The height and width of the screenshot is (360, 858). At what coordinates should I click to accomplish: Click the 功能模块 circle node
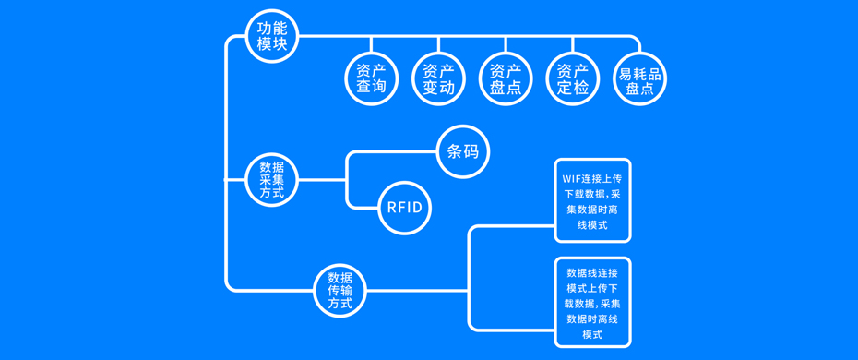(272, 36)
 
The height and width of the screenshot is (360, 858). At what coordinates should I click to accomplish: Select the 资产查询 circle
(371, 79)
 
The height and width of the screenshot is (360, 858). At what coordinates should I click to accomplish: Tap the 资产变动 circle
(438, 79)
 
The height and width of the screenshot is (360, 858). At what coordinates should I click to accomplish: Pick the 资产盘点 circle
(506, 79)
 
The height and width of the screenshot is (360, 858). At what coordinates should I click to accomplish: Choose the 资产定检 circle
(573, 79)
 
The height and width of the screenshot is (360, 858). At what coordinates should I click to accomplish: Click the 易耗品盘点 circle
(640, 79)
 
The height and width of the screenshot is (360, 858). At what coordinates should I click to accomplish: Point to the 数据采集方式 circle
(272, 179)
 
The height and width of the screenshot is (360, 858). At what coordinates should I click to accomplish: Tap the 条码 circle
(462, 151)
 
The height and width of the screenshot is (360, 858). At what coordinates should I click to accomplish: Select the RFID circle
(404, 207)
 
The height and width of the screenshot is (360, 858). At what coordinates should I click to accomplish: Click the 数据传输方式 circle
(340, 291)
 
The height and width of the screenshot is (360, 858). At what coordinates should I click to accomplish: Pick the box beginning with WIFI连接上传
(592, 199)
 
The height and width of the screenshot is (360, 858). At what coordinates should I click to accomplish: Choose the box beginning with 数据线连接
(592, 303)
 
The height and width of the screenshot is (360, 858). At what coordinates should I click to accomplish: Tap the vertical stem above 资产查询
(371, 45)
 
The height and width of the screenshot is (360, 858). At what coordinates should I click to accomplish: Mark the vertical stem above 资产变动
(438, 45)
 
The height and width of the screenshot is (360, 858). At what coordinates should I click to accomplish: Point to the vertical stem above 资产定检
(573, 45)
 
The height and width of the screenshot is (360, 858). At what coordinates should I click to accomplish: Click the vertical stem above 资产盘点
(506, 45)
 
